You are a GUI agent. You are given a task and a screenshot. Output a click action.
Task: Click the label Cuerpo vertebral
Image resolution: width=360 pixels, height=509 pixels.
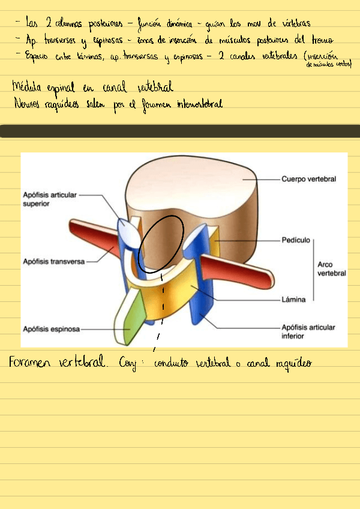[308, 179]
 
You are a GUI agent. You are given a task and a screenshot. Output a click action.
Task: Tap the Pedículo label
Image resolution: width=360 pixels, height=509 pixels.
[296, 240]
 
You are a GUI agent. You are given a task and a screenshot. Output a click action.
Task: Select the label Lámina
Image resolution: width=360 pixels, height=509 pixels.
[293, 298]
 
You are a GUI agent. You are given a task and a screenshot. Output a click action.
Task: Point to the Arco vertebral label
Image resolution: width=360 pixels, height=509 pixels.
[332, 269]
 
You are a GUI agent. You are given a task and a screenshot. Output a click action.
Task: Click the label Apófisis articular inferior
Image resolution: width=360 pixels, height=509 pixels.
[308, 331]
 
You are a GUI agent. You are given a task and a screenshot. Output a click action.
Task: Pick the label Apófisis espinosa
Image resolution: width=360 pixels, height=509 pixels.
[51, 329]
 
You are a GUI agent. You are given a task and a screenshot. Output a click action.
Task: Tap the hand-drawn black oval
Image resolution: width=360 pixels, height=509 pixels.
[161, 242]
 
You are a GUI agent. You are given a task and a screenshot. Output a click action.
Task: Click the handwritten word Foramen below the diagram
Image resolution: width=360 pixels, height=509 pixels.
[32, 363]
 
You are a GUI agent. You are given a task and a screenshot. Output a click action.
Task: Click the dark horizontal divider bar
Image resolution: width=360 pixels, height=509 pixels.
[180, 131]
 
